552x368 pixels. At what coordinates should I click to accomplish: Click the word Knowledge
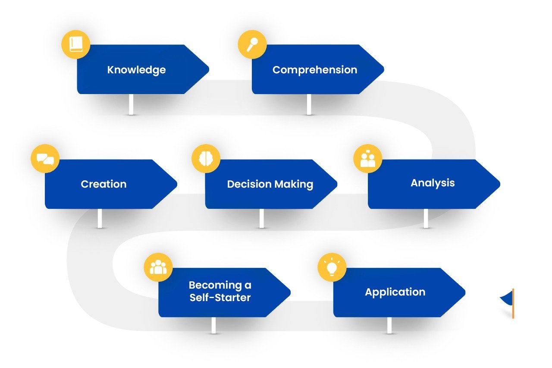[136, 70]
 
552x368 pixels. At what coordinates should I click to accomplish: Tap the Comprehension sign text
[315, 70]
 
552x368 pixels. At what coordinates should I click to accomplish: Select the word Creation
[103, 184]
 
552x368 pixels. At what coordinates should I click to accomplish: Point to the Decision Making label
[270, 184]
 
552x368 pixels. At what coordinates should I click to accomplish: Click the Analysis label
[433, 183]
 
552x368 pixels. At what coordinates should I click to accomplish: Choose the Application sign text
[395, 292]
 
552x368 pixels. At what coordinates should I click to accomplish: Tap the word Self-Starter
[220, 298]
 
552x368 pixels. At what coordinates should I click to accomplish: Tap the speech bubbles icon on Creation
[45, 159]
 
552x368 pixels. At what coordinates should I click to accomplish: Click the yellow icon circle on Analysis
[368, 158]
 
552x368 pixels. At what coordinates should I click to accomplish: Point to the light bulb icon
[332, 267]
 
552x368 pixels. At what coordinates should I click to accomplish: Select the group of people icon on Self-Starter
[158, 267]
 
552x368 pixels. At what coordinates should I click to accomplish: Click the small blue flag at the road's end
[507, 299]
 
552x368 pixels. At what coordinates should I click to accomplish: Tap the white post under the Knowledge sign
[131, 104]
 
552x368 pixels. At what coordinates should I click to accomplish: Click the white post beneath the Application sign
[389, 325]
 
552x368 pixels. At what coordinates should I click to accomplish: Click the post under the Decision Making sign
[261, 218]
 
